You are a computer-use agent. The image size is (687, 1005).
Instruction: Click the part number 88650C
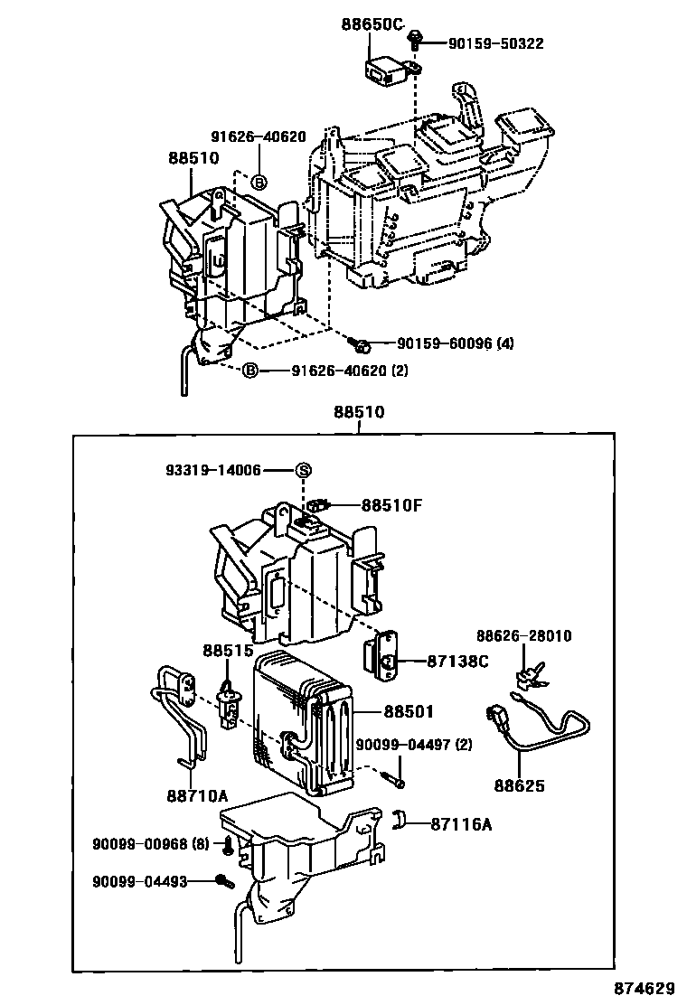(x=372, y=24)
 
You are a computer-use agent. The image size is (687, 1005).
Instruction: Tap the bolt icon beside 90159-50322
(x=415, y=38)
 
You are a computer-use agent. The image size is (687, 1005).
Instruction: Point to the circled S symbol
(x=304, y=470)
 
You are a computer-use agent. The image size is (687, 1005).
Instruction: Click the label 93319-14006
(x=213, y=470)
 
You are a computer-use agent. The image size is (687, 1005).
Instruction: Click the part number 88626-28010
(x=524, y=636)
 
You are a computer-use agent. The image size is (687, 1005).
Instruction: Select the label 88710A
(x=196, y=795)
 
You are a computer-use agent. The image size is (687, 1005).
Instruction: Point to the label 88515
(x=222, y=651)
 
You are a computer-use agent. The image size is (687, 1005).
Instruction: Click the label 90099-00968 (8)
(x=150, y=843)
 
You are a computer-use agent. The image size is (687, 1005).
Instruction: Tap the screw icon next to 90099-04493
(x=222, y=880)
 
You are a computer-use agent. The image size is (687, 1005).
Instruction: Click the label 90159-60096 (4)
(x=456, y=343)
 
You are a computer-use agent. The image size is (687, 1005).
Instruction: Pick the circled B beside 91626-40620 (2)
(x=250, y=371)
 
